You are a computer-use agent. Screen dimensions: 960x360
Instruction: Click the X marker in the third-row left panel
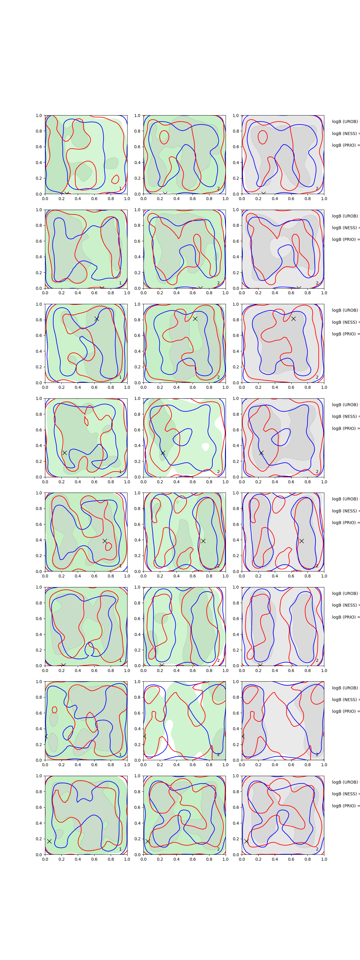(x=97, y=319)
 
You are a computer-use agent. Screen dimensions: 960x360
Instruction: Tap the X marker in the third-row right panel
(x=293, y=319)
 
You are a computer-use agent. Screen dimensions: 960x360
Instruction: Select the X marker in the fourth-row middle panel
(x=163, y=453)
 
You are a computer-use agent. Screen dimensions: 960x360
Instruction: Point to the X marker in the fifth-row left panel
(x=105, y=541)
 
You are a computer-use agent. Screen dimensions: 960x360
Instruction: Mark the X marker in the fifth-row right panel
(x=301, y=541)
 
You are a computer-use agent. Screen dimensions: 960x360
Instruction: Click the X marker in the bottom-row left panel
(x=49, y=841)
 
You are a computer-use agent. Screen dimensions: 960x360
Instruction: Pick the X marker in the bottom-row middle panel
(x=148, y=841)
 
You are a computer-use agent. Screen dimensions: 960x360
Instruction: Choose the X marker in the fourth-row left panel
(x=64, y=453)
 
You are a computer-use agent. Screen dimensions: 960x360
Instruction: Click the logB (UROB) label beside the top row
(x=345, y=122)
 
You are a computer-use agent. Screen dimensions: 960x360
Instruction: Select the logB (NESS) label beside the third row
(x=345, y=322)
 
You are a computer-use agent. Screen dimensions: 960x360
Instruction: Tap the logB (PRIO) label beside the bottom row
(x=345, y=806)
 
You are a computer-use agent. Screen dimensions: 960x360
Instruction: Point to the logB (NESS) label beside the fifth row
(x=345, y=511)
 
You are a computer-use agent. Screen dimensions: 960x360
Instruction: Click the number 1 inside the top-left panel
(x=120, y=189)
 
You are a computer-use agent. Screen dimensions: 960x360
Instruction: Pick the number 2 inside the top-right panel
(x=317, y=189)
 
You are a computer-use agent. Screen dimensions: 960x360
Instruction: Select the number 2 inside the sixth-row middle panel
(x=218, y=660)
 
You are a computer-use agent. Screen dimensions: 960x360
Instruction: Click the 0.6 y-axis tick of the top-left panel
(x=39, y=147)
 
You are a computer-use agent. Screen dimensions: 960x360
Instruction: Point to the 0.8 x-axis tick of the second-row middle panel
(x=209, y=293)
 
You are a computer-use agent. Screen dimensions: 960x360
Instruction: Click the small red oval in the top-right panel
(x=262, y=137)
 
